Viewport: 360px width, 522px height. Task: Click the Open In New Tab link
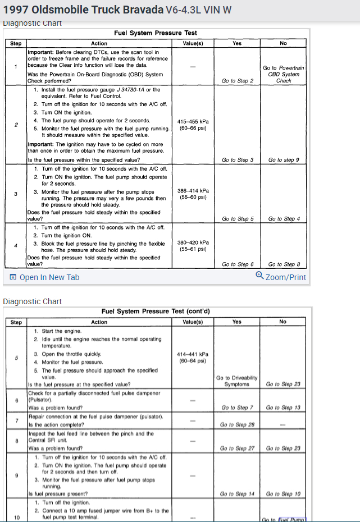pos(45,277)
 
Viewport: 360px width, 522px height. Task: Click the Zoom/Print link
pos(281,277)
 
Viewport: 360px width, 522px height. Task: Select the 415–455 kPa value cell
pos(193,124)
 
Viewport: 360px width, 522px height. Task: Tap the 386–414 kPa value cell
pos(192,194)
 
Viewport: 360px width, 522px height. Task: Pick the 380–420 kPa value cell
pos(193,245)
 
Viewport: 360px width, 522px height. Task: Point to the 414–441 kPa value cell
pos(192,358)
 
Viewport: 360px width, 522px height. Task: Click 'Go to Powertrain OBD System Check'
pos(284,74)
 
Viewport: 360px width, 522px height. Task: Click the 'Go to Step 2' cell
pos(237,81)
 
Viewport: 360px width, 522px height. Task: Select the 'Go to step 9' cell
pos(284,160)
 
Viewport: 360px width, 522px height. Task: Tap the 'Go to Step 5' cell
pos(237,218)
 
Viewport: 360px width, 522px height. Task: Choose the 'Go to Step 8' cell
pos(284,264)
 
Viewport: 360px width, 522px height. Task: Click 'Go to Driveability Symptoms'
pos(237,381)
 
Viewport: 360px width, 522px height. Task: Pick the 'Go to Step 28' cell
pos(237,424)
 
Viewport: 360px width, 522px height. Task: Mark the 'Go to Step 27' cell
pos(237,448)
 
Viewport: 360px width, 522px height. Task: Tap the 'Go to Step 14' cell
pos(237,494)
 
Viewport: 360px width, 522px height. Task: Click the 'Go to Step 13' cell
pos(284,407)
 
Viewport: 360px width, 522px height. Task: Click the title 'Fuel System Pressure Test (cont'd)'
pos(156,311)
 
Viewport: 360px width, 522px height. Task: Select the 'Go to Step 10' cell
pos(284,494)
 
